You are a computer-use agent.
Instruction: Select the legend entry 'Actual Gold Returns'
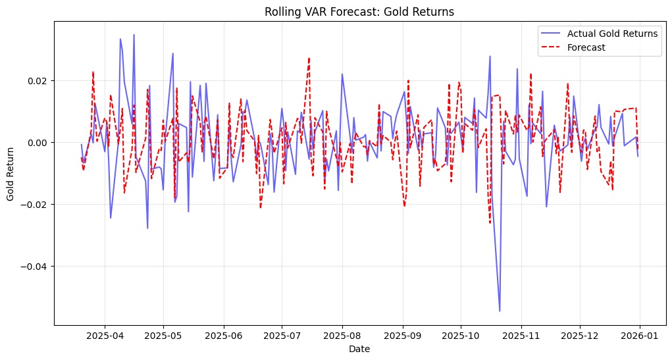click(x=612, y=34)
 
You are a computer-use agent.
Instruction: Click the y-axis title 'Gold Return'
click(x=11, y=172)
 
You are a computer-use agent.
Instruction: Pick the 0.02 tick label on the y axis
click(x=37, y=81)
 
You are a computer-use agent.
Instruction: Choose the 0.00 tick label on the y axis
click(x=37, y=143)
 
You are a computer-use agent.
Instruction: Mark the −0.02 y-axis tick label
click(x=34, y=205)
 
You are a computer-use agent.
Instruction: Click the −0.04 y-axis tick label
click(x=34, y=267)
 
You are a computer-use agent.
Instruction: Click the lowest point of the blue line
click(x=500, y=311)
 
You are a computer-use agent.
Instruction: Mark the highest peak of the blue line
click(x=134, y=35)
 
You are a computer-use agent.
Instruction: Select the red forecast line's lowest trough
click(x=490, y=223)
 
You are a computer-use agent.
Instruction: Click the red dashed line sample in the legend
click(x=551, y=47)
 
